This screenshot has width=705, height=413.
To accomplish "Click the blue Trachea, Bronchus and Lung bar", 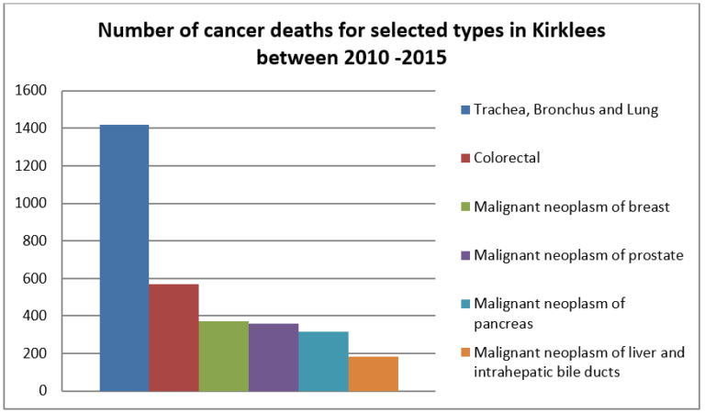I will tap(124, 258).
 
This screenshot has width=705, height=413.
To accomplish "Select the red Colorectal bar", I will tap(174, 338).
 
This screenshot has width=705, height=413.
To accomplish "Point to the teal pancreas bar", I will tap(323, 362).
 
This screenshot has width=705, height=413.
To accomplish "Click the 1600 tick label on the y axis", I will tap(31, 91).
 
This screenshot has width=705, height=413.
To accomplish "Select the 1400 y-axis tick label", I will tap(31, 128).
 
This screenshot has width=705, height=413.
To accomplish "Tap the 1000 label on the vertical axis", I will tap(31, 204).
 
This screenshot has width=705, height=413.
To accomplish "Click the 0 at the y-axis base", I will tap(42, 391).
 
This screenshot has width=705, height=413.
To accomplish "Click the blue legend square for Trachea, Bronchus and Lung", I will tap(464, 110).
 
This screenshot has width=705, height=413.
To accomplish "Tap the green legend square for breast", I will tap(464, 206).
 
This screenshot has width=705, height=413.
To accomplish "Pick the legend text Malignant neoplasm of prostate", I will tap(578, 254).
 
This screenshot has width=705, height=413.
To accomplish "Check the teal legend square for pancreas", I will tap(464, 303).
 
